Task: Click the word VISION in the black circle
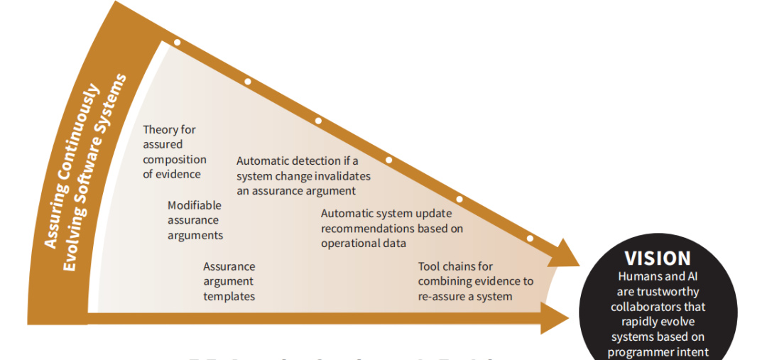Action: point(657,258)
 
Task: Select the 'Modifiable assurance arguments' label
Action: point(195,220)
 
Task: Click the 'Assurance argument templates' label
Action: point(229,281)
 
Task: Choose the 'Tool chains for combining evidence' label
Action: point(475,281)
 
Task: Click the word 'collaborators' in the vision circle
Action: point(658,307)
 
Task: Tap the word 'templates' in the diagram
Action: point(229,296)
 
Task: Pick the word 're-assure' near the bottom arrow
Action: point(441,296)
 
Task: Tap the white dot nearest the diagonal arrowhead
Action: point(530,238)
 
